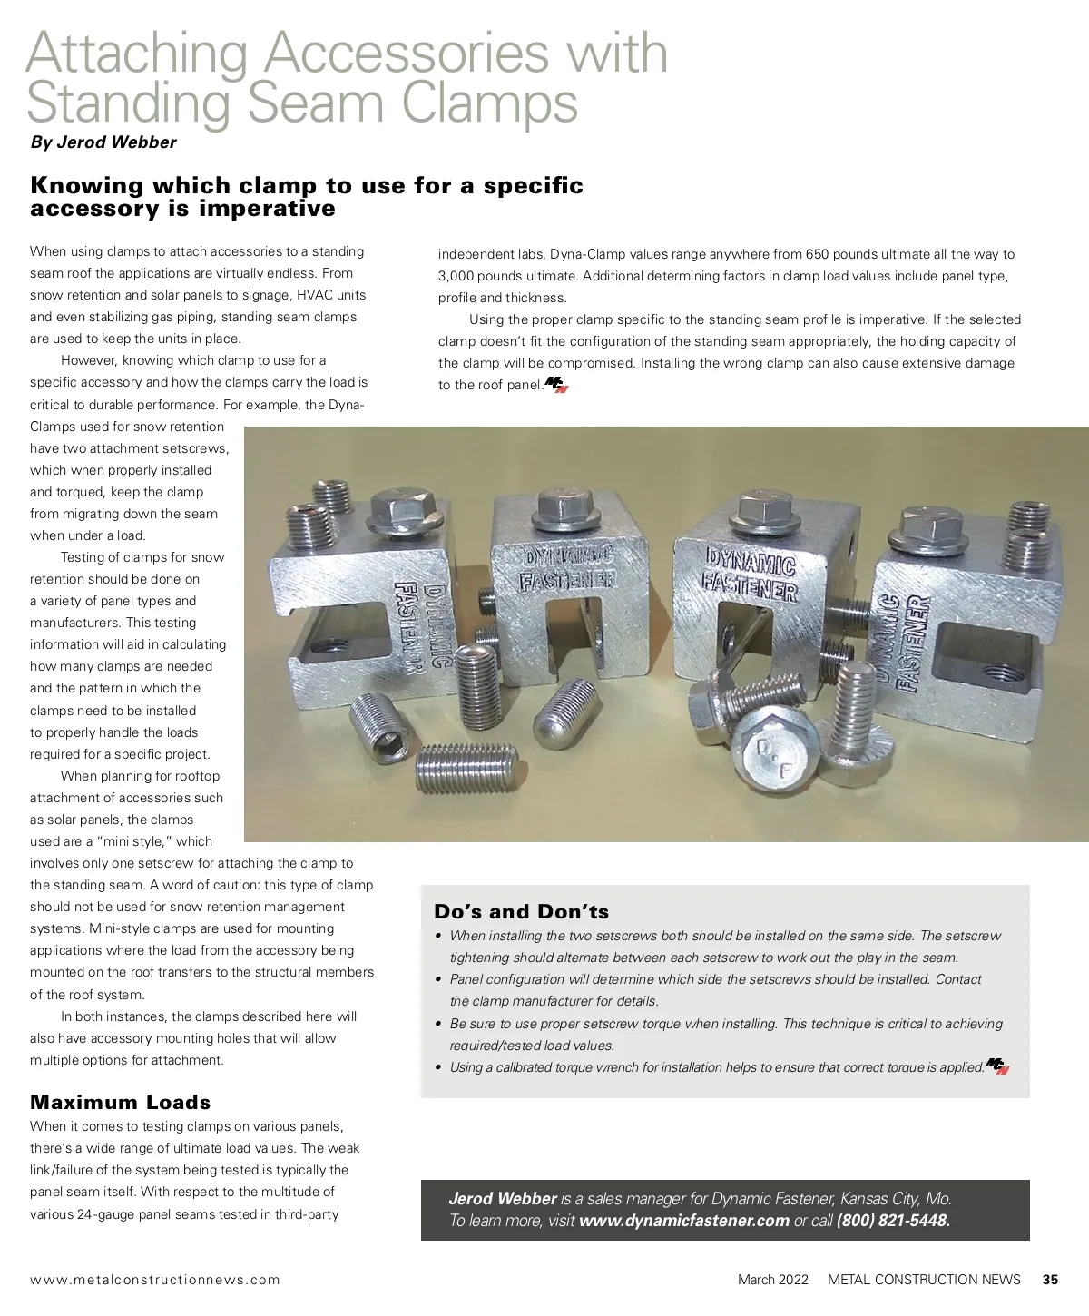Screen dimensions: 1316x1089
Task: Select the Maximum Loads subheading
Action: click(x=121, y=1102)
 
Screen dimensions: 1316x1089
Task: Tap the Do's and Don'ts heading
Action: click(x=522, y=911)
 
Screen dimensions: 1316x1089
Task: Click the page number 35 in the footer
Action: click(x=1050, y=1280)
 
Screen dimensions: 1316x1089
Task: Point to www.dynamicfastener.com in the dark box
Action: click(x=684, y=1221)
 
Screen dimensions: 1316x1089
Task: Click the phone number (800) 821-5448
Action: click(x=893, y=1221)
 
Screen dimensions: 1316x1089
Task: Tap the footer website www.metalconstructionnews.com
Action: click(x=155, y=1280)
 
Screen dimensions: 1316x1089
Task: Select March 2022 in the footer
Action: click(x=772, y=1280)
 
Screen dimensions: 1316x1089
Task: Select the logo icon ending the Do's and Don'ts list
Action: click(x=997, y=1066)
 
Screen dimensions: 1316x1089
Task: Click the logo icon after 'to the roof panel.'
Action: click(x=556, y=385)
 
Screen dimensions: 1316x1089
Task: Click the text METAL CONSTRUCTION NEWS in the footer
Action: click(x=924, y=1280)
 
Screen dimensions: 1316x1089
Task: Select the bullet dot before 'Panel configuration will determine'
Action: click(x=439, y=980)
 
